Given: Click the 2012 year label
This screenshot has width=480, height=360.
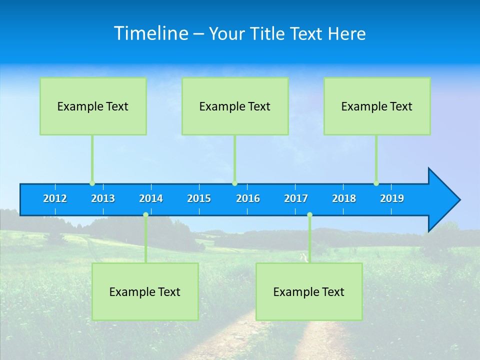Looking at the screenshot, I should (55, 198).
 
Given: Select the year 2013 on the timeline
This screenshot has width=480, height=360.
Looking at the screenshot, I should (103, 198).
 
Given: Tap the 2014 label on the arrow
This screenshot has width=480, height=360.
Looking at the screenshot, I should (151, 198).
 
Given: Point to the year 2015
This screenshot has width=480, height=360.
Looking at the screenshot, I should (199, 198).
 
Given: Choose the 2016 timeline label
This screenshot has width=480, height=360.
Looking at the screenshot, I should (248, 198).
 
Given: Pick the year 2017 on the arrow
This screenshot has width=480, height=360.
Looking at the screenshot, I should (296, 198).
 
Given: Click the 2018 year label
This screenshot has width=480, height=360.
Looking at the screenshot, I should (344, 198).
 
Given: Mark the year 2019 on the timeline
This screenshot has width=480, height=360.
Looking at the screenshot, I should (392, 198).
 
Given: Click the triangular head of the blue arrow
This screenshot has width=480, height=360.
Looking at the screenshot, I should (442, 200).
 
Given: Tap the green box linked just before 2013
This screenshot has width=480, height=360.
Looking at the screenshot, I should (93, 106).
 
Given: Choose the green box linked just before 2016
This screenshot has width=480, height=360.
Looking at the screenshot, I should (235, 106).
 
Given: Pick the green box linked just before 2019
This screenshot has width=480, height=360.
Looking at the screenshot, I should (377, 106).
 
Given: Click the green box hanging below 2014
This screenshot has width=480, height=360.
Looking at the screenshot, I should (145, 291).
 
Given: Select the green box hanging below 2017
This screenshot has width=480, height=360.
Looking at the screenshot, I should (309, 291).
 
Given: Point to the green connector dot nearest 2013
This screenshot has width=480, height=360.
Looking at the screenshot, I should (92, 183).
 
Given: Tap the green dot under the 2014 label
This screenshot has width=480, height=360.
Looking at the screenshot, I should (145, 215).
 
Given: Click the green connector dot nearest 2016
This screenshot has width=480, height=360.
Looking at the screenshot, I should (234, 183).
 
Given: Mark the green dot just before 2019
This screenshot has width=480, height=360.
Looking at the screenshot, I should (376, 183).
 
